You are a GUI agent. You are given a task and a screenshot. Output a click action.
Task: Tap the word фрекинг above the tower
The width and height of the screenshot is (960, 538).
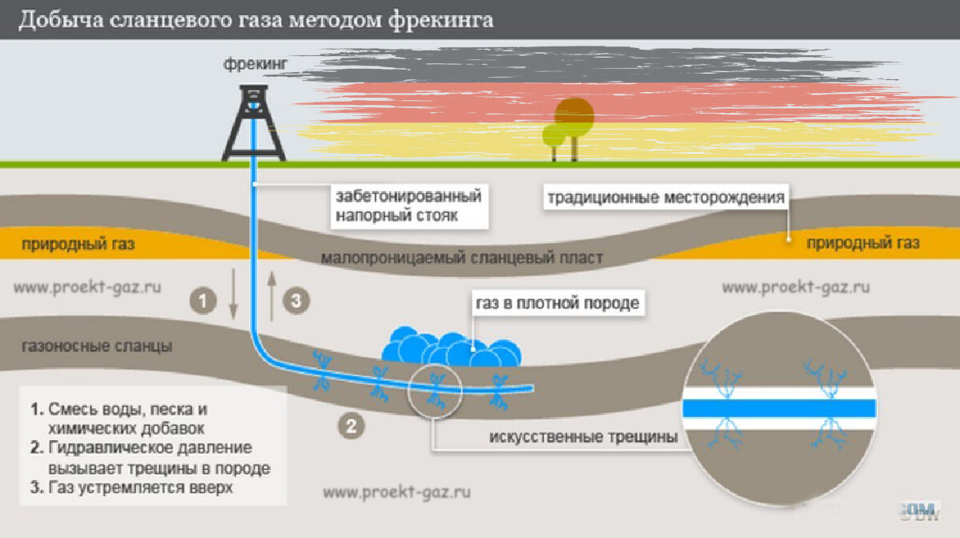tap(254, 63)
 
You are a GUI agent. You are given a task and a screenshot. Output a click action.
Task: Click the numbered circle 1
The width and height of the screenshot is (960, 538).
tap(203, 301)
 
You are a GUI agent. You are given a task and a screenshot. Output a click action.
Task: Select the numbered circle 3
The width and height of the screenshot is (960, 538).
tap(295, 301)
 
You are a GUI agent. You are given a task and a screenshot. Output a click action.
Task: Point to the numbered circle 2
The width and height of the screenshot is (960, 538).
tap(350, 425)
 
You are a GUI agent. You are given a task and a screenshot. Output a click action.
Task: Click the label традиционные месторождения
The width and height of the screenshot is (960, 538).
tap(665, 197)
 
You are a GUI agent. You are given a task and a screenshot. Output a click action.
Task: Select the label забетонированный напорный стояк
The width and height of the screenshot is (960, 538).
tap(408, 206)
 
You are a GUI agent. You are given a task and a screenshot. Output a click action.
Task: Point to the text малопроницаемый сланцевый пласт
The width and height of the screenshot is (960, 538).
tap(462, 259)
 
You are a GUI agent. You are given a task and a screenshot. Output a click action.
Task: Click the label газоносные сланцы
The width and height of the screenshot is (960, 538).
tap(98, 347)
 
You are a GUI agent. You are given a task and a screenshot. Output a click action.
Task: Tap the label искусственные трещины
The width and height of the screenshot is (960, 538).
tap(583, 437)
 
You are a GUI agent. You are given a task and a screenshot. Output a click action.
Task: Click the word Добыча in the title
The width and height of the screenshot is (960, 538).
tap(56, 20)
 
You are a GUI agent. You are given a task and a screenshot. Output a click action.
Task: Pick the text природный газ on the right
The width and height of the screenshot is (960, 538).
tap(863, 243)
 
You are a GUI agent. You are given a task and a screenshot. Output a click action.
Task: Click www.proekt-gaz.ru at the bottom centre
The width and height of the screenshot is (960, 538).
tap(396, 492)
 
